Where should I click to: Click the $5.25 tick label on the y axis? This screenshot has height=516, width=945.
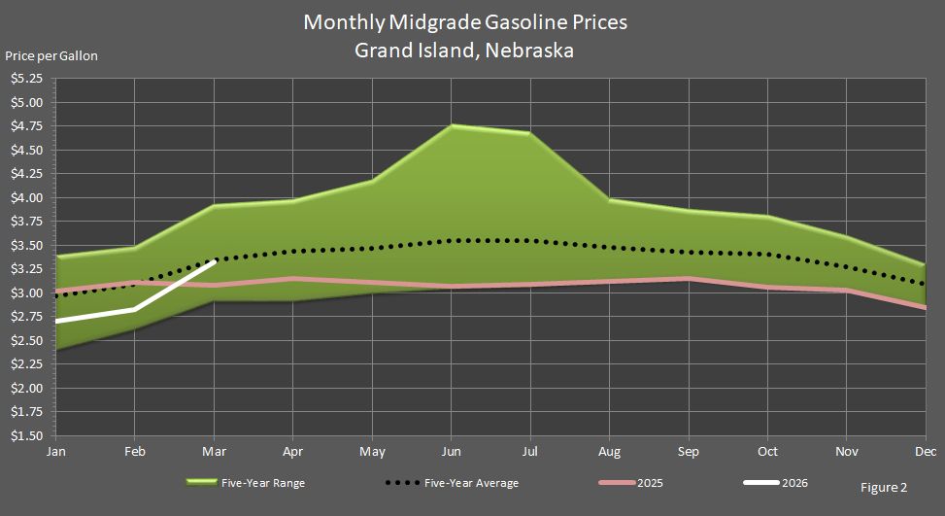(26, 78)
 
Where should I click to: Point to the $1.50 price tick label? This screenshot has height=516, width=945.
(26, 436)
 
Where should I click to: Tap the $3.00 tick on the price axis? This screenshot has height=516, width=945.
(26, 293)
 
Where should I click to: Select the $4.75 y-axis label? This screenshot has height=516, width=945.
(26, 126)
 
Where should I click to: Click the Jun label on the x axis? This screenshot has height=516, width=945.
(451, 452)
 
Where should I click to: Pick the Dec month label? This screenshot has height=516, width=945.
(925, 452)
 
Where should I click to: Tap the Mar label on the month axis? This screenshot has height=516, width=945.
(214, 452)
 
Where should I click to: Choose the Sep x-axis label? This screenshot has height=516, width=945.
(688, 452)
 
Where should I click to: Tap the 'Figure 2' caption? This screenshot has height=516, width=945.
(883, 488)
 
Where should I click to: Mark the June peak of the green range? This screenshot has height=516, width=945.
(452, 125)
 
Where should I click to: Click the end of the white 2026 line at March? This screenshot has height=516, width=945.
(214, 260)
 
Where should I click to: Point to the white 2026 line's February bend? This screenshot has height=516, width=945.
(134, 309)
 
